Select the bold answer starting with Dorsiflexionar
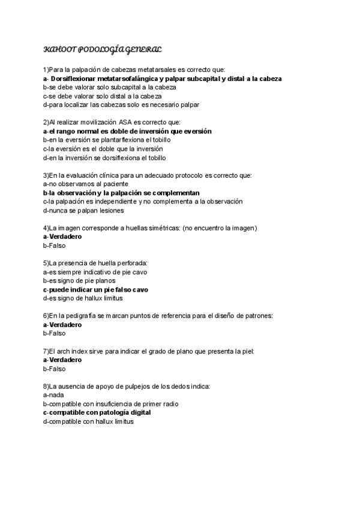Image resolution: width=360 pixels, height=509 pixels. [x=163, y=79]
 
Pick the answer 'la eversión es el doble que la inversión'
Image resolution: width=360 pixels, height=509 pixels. [x=103, y=149]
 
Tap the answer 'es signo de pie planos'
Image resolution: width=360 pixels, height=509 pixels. [x=77, y=280]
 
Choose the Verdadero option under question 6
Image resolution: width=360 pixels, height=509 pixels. [x=62, y=325]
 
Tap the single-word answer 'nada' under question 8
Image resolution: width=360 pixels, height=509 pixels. [x=53, y=395]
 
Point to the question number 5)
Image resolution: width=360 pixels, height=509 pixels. [x=46, y=263]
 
